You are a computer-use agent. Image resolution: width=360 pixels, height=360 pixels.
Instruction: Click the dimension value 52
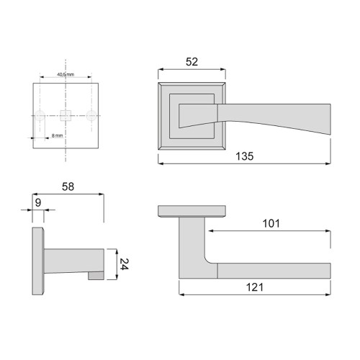coord(192,62)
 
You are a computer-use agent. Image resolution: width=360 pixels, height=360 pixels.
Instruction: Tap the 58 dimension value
coord(68,187)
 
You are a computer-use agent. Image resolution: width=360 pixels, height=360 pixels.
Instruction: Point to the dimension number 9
coord(37,202)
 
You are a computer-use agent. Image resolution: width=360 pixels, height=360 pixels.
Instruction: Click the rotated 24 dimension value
coord(123,264)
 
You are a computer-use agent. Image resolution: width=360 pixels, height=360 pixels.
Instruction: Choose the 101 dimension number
coord(271,223)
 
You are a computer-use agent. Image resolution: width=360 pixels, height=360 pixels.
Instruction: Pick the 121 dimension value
coord(255,287)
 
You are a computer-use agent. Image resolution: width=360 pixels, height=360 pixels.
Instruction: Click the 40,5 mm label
coord(66,74)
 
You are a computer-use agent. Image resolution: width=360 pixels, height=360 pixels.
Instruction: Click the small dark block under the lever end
coord(95,275)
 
